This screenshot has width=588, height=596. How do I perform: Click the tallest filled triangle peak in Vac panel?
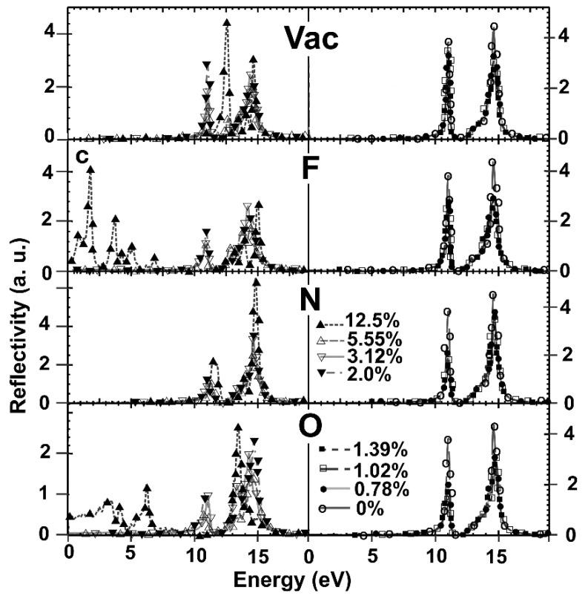[227, 24]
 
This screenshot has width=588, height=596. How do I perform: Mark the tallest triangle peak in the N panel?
[257, 282]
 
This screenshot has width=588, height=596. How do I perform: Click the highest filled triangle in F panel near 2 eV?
[90, 170]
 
